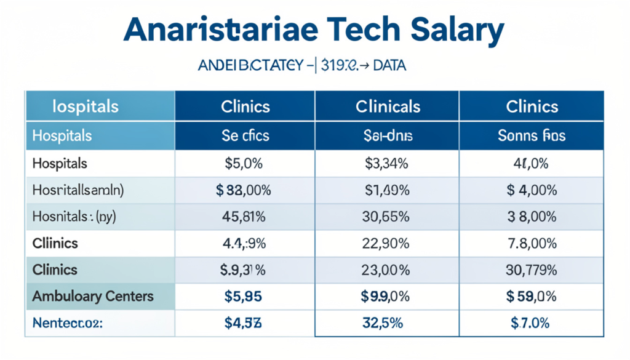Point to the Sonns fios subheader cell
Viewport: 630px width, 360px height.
532,135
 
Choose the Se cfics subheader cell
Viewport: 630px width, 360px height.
245,135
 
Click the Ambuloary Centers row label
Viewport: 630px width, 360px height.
92,296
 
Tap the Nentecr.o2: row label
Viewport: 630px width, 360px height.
68,322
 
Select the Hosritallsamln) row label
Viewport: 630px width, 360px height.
78,190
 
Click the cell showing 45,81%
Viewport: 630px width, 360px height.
245,217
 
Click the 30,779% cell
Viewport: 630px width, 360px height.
532,270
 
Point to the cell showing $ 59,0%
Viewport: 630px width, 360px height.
532,296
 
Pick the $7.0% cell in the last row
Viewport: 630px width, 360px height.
532,322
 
